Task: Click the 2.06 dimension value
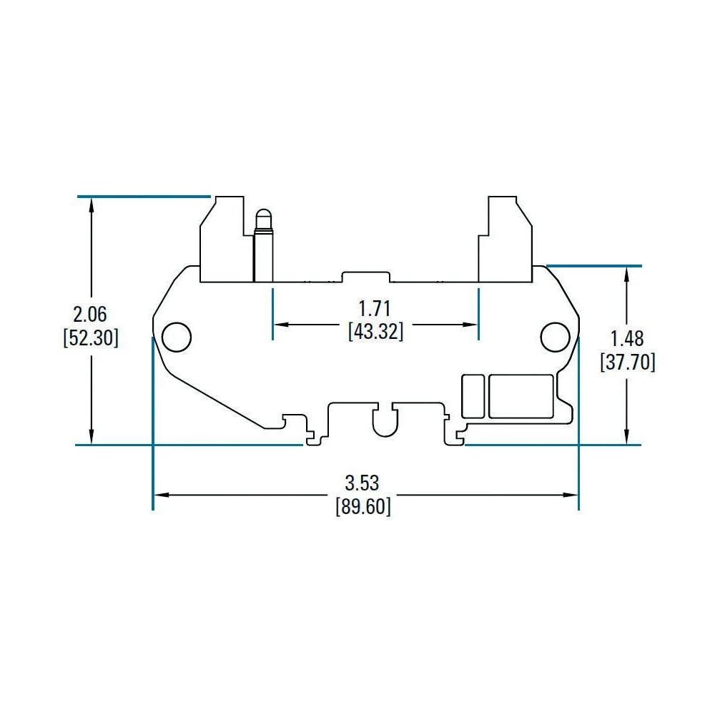point(91,314)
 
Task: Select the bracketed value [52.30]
point(91,337)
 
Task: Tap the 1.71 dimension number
point(375,309)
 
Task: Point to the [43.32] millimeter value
point(375,332)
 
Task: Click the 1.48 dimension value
point(627,338)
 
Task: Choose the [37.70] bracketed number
point(627,363)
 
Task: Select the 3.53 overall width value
point(363,482)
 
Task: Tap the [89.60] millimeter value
point(363,506)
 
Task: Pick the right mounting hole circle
point(555,337)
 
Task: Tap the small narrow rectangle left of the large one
point(473,395)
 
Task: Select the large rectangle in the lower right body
point(520,395)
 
